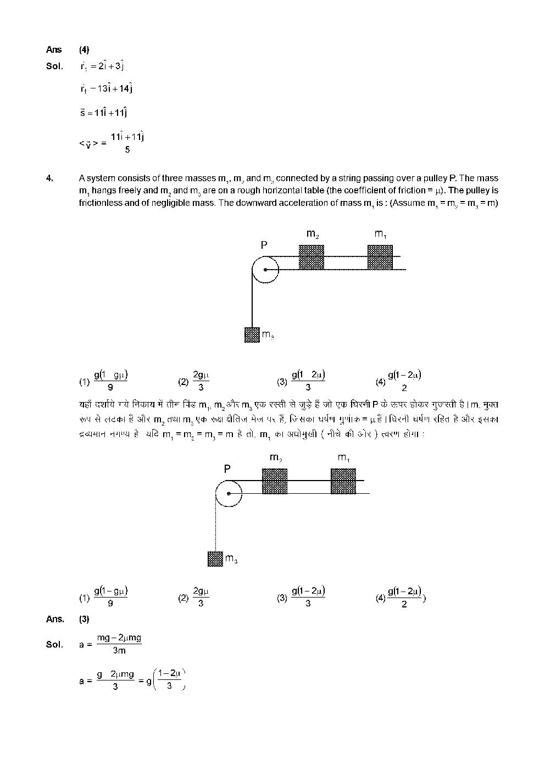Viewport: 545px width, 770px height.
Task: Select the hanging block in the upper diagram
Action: point(252,334)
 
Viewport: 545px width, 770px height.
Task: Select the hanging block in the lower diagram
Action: point(215,559)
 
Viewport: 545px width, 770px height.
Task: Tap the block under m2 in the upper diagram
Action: point(312,257)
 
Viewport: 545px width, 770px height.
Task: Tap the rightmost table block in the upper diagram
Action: point(380,257)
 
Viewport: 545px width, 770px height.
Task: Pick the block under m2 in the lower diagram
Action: point(275,481)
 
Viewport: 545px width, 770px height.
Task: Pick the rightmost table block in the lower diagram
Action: point(343,481)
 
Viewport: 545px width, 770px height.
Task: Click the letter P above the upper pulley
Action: point(264,245)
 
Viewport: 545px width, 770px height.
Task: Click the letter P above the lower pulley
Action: point(227,469)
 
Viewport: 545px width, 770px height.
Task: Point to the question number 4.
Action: point(49,178)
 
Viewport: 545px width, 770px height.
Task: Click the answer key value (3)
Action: point(84,619)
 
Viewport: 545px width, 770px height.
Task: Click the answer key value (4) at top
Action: point(84,49)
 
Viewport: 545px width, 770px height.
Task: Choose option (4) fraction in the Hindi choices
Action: point(404,598)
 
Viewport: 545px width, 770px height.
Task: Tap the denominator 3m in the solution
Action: point(119,651)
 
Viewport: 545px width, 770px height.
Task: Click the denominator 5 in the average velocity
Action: point(127,149)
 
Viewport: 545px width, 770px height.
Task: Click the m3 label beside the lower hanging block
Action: point(231,559)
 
